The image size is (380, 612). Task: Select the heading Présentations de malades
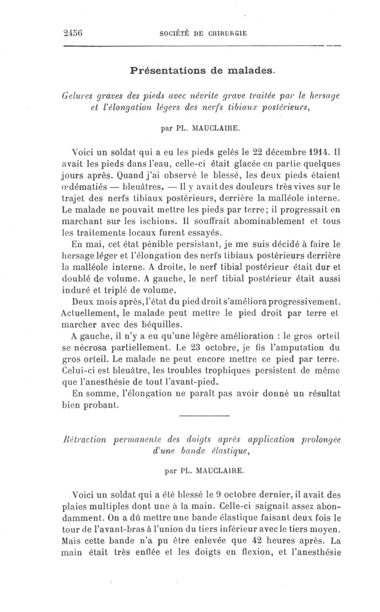(202, 71)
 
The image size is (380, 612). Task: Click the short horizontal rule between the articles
(205, 416)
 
